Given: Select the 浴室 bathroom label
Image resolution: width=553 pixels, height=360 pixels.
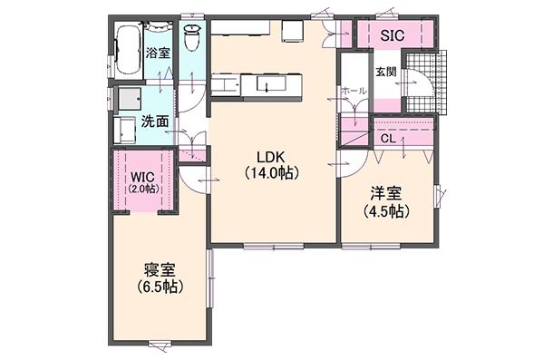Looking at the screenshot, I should click(159, 52).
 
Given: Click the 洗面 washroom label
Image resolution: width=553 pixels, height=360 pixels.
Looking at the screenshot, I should click(154, 121).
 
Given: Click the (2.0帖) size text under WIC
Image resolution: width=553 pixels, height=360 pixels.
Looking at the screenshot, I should click(142, 189).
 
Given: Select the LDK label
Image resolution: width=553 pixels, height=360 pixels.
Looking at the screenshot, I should click(271, 155).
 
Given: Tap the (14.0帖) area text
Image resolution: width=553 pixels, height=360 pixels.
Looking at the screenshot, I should click(271, 171).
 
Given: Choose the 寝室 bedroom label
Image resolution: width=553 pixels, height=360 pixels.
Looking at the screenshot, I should click(160, 270).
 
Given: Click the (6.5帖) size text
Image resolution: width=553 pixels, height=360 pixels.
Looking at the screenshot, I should click(160, 287).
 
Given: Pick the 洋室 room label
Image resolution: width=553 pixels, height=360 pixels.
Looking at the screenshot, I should click(385, 193).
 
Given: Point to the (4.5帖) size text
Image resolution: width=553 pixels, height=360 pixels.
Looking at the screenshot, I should click(385, 210).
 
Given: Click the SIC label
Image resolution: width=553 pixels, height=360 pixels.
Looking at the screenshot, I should click(392, 36).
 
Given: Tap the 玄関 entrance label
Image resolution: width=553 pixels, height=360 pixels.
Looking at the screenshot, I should click(384, 72).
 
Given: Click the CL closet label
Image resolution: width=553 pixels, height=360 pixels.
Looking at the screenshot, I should click(387, 139).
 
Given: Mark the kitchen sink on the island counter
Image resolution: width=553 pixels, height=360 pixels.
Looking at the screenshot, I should click(272, 85).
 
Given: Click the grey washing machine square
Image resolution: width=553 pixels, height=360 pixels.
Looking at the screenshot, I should click(127, 98).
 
